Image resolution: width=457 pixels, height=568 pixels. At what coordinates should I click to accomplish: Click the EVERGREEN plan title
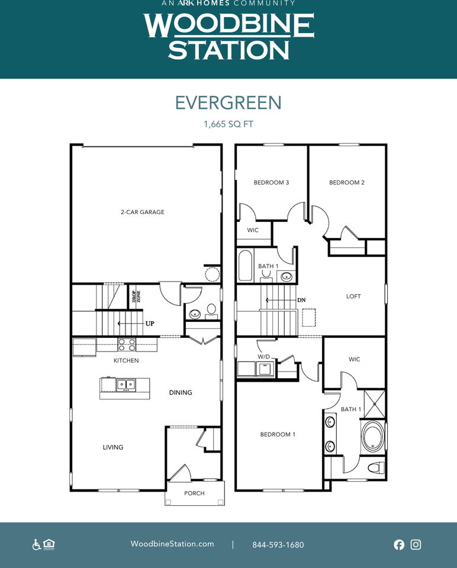click(228, 103)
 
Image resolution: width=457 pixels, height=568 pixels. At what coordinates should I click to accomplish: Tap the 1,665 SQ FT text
click(228, 124)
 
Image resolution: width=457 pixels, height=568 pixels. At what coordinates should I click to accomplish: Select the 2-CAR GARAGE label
click(143, 212)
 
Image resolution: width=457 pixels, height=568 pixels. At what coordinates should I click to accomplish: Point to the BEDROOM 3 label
click(271, 183)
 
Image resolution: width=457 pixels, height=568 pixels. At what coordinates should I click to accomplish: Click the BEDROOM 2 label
click(347, 183)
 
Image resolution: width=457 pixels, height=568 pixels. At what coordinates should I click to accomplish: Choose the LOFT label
click(353, 296)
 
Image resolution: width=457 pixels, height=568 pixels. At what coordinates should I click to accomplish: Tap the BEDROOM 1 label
click(278, 434)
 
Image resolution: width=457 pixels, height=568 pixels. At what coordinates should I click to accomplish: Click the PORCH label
click(194, 493)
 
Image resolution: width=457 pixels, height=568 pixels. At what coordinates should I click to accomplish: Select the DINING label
click(181, 392)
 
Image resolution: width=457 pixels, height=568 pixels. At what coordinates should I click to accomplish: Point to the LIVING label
click(113, 447)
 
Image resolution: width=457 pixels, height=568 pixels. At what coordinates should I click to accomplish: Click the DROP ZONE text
click(136, 296)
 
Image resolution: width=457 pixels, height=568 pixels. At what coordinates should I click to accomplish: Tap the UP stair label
click(150, 324)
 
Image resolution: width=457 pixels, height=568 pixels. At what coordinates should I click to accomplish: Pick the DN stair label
click(301, 300)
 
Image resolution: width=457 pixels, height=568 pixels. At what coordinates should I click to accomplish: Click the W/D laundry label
click(264, 357)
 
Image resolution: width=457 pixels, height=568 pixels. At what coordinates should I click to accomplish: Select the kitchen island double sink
click(126, 385)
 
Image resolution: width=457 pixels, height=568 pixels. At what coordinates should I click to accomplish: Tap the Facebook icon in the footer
click(399, 544)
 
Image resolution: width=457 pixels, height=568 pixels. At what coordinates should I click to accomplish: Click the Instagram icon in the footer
click(416, 544)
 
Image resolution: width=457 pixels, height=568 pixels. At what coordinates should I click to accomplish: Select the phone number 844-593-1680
click(278, 545)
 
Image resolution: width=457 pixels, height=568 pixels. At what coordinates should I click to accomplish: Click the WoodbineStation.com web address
click(172, 544)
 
